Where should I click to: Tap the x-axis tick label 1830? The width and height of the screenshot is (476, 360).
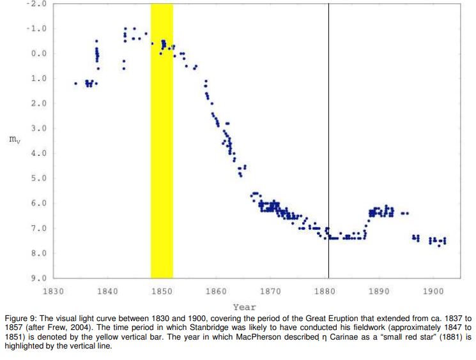click(53, 292)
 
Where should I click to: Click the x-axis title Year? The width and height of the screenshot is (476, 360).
click(245, 307)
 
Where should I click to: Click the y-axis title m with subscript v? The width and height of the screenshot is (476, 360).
click(14, 140)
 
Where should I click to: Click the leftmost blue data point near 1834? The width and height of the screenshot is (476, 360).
click(75, 83)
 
